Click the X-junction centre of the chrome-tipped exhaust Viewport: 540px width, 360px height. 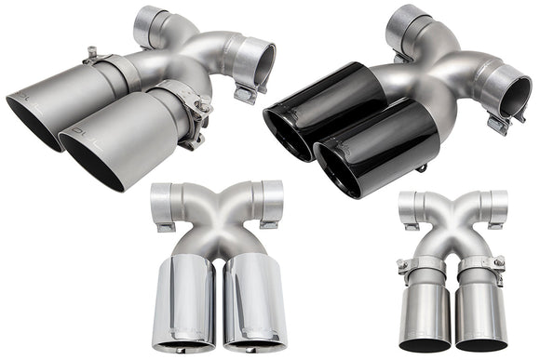218,216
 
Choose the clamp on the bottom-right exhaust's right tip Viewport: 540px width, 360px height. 481,267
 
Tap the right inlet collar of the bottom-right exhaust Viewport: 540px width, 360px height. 497,207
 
